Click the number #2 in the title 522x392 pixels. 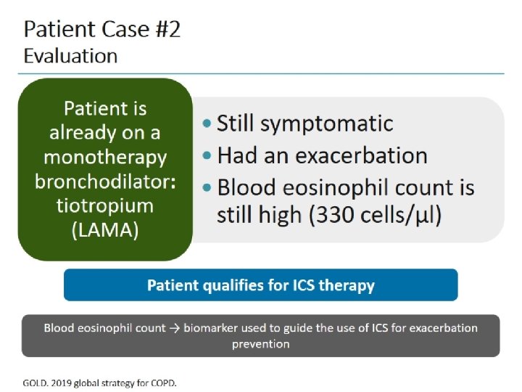pyautogui.click(x=164, y=30)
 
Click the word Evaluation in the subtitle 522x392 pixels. pyautogui.click(x=70, y=55)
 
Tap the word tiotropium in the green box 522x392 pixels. pyautogui.click(x=105, y=205)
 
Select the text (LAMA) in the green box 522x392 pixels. pyautogui.click(x=105, y=230)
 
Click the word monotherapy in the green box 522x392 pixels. pyautogui.click(x=105, y=158)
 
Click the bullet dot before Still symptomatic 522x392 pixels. pyautogui.click(x=208, y=123)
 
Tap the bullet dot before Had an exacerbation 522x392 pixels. pyautogui.click(x=208, y=155)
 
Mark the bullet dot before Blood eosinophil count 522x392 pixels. pyautogui.click(x=208, y=188)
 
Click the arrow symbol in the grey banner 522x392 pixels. pyautogui.click(x=175, y=328)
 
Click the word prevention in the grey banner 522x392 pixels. pyautogui.click(x=260, y=343)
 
